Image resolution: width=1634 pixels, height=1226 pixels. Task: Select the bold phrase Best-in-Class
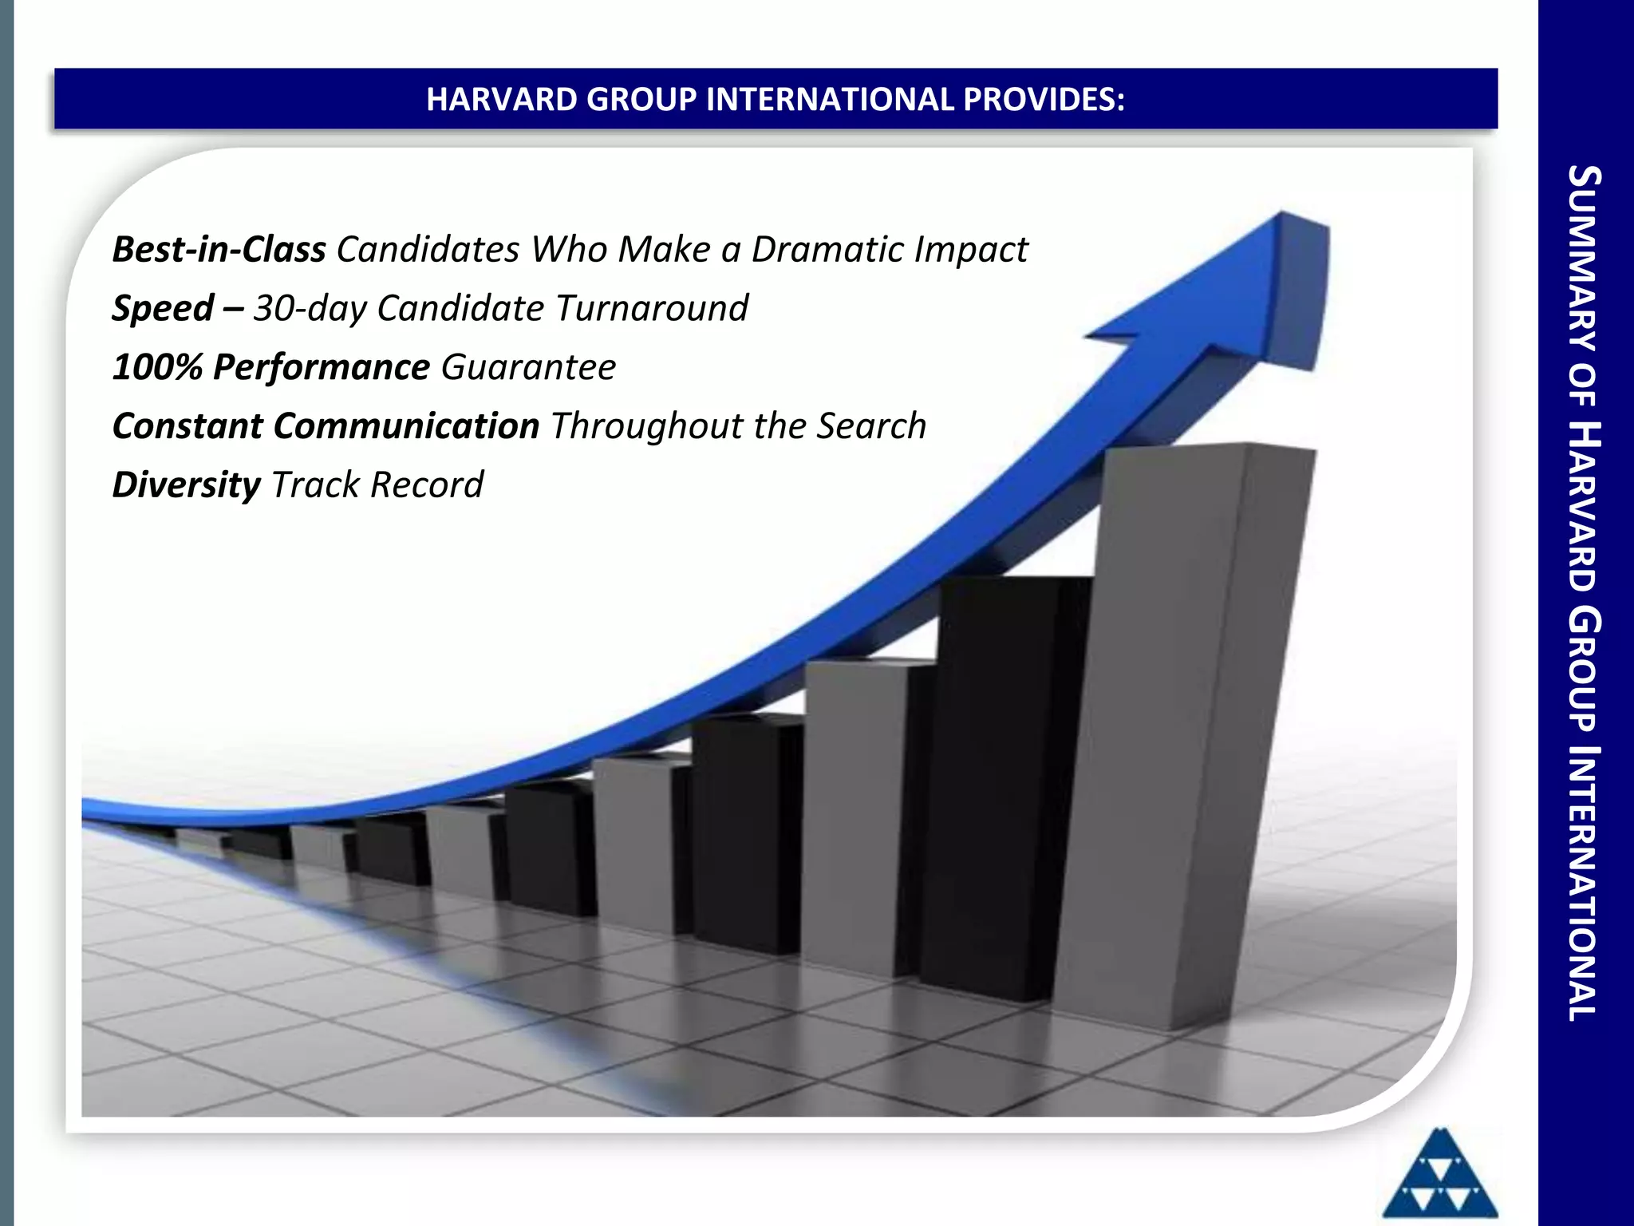click(219, 250)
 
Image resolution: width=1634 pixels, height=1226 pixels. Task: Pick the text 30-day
click(310, 309)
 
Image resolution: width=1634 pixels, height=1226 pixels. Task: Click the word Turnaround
click(651, 309)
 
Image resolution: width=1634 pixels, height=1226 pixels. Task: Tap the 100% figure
click(157, 368)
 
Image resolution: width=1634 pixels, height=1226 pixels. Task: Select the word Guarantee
click(528, 368)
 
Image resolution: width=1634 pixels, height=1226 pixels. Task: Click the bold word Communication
click(406, 426)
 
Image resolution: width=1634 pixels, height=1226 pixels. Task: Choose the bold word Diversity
click(186, 485)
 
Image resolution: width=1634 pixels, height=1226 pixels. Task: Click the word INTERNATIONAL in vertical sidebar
click(1585, 882)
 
